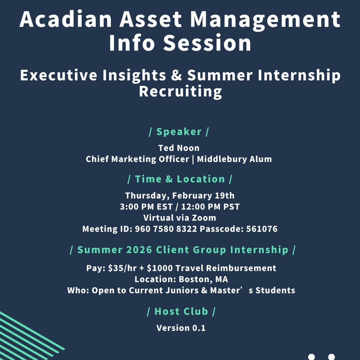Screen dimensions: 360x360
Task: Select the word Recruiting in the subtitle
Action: pos(180,91)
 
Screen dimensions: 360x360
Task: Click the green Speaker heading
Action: pos(179,132)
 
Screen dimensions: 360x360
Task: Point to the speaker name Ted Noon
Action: pos(179,148)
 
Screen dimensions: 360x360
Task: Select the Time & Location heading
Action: pos(179,179)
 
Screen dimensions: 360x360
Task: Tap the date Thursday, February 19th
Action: pos(179,195)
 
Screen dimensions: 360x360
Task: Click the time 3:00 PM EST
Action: pos(143,207)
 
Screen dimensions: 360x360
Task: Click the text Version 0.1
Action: pos(181,328)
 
